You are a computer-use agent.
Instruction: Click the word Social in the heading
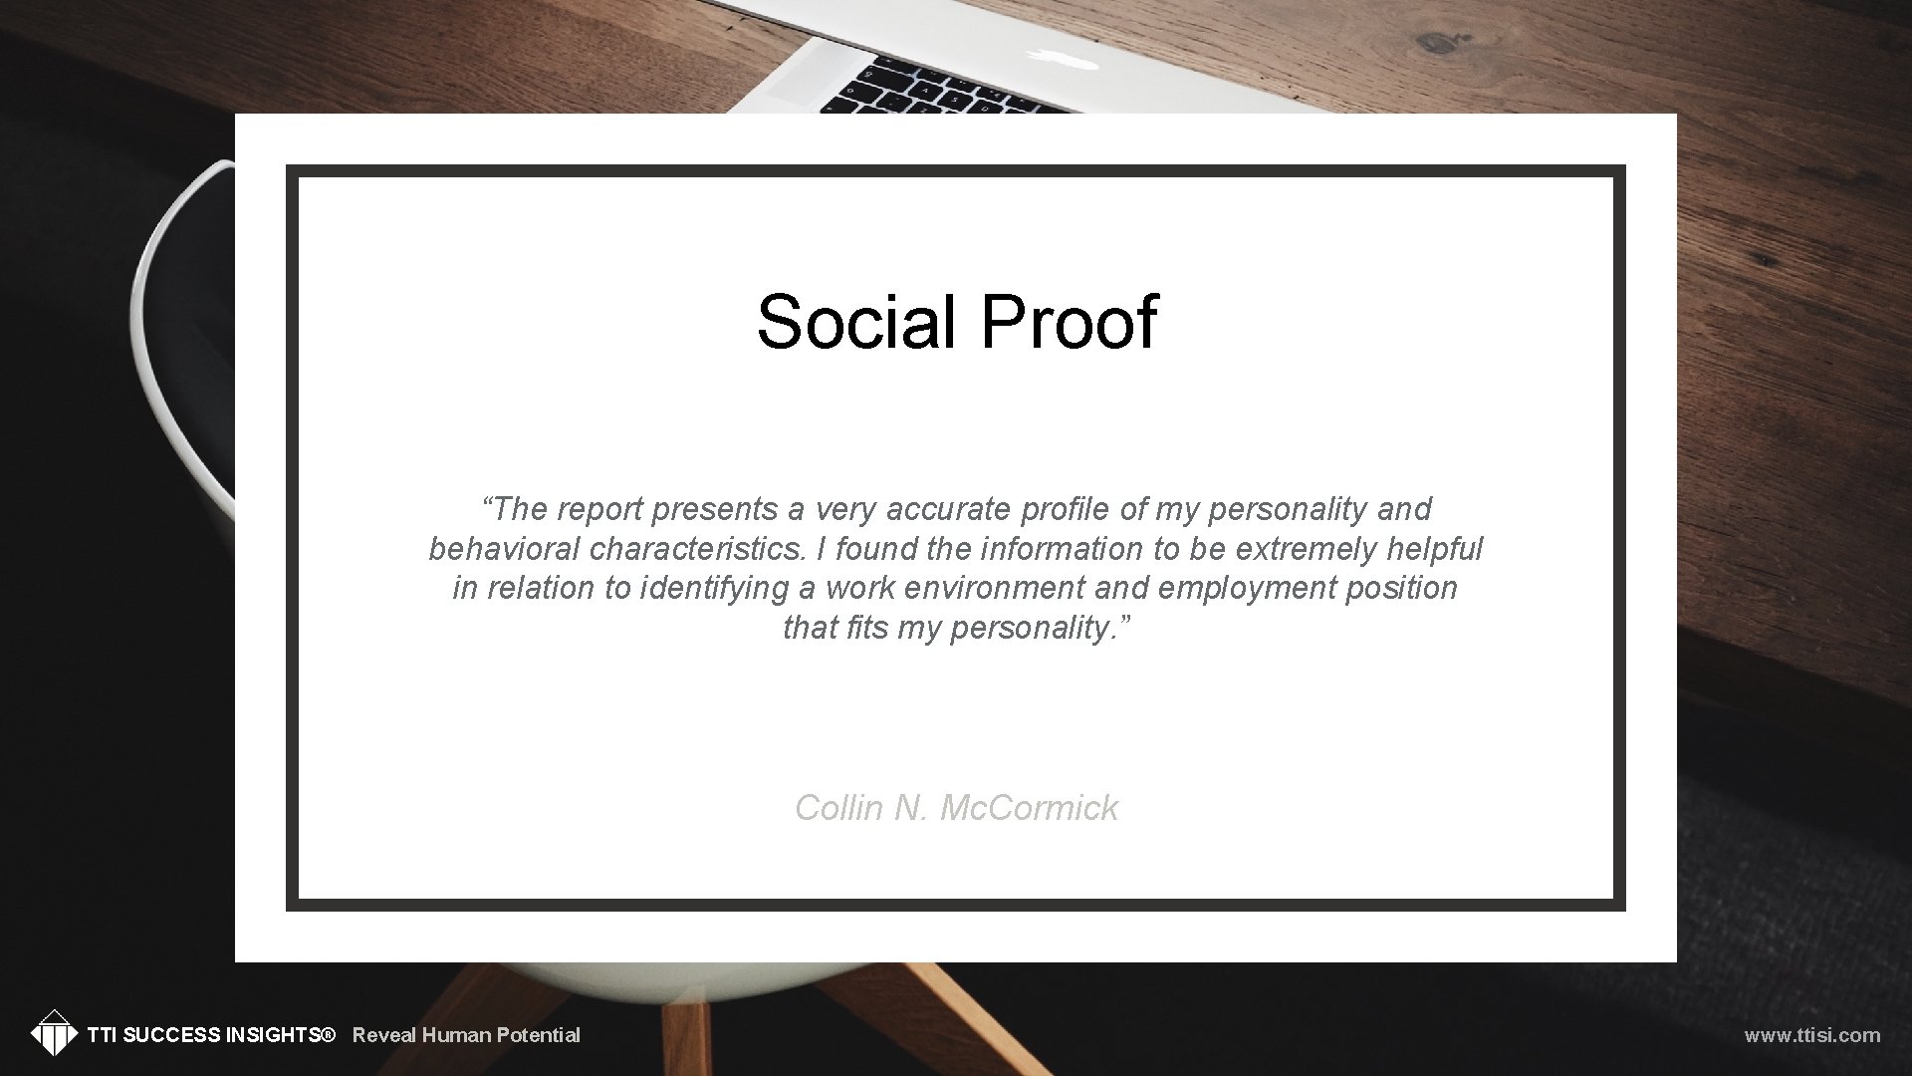click(x=854, y=322)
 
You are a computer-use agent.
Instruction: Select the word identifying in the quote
click(x=714, y=589)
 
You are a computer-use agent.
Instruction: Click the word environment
click(x=994, y=589)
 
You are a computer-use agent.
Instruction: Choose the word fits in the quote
click(x=866, y=628)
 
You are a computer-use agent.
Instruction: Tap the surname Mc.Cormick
click(x=1029, y=808)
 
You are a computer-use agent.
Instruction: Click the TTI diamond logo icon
click(x=54, y=1033)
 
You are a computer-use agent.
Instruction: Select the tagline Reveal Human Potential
click(x=466, y=1035)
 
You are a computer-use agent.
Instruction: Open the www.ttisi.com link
click(x=1811, y=1035)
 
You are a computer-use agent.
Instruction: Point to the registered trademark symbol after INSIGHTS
click(x=328, y=1035)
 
